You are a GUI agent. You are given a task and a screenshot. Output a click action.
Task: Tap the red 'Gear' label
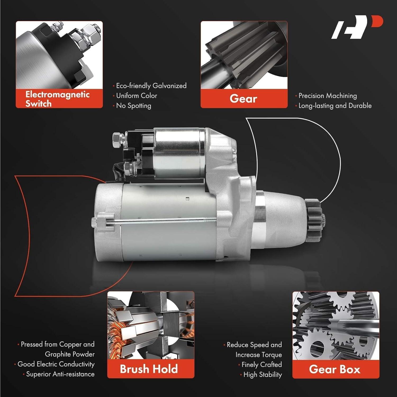(243, 99)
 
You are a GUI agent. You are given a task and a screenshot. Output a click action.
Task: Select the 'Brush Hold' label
(149, 369)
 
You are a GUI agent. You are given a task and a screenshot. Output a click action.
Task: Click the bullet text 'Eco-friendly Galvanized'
(151, 86)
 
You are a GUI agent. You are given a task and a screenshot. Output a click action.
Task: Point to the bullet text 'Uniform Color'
(137, 96)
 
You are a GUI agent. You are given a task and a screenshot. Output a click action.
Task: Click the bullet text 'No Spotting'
(134, 106)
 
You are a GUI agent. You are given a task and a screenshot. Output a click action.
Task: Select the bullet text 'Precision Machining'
(328, 96)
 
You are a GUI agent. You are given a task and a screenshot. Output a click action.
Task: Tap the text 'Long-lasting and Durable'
(335, 106)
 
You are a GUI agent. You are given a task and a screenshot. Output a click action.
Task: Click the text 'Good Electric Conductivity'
(56, 364)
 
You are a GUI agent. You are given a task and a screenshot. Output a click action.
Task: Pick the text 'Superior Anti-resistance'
(60, 374)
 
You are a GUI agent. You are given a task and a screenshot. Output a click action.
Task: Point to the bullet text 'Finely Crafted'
(261, 365)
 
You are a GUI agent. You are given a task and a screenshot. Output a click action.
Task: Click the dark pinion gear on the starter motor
(315, 217)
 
